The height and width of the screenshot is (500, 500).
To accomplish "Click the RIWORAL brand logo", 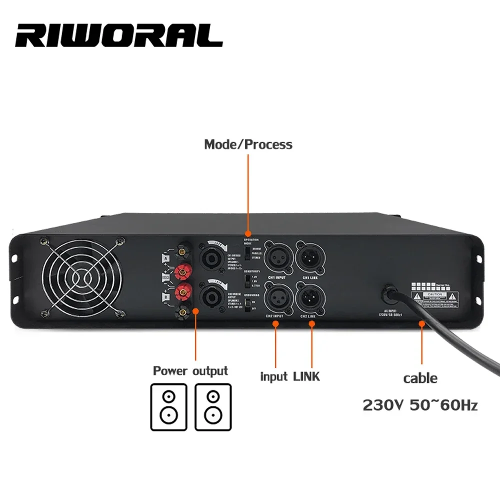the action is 119,35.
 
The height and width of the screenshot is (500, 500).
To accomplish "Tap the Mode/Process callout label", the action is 248,144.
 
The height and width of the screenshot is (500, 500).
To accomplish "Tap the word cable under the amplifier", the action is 420,378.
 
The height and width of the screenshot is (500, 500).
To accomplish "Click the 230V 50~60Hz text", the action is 420,404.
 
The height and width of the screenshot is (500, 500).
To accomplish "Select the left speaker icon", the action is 168,406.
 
